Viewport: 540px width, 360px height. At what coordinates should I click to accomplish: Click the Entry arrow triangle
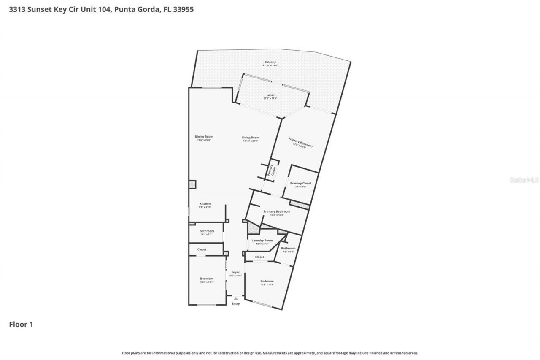pyautogui.click(x=235, y=299)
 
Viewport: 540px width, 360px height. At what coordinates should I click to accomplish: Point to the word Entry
pyautogui.click(x=235, y=304)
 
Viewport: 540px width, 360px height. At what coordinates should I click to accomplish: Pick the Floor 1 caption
pyautogui.click(x=21, y=325)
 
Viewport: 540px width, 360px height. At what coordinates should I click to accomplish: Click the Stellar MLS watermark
pyautogui.click(x=524, y=180)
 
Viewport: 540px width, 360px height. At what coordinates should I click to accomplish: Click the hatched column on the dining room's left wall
pyautogui.click(x=192, y=184)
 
